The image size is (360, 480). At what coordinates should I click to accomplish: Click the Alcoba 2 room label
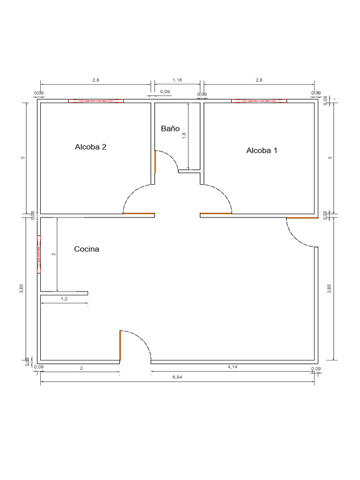[90, 147]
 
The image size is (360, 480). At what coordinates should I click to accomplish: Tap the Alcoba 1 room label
[262, 150]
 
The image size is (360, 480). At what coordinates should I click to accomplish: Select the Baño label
[170, 128]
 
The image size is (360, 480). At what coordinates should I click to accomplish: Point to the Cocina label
[87, 249]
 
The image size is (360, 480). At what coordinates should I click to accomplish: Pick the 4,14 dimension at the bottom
[232, 367]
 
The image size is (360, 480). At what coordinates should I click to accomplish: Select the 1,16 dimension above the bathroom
[177, 80]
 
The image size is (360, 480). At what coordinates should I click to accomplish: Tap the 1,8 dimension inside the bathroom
[184, 135]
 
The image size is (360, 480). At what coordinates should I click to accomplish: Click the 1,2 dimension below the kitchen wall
[64, 298]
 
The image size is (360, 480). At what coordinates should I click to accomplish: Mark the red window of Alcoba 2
[96, 101]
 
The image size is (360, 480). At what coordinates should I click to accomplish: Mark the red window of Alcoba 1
[259, 101]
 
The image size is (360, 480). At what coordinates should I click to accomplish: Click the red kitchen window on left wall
[39, 254]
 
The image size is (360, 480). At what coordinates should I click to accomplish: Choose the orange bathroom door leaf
[155, 161]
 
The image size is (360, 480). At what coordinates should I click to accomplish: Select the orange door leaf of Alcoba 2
[139, 214]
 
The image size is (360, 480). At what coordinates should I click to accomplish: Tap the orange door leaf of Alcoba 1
[216, 214]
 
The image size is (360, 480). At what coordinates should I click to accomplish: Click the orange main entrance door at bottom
[120, 345]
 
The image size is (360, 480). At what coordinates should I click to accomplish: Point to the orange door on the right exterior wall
[302, 218]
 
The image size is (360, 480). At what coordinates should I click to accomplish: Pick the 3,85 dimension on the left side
[21, 289]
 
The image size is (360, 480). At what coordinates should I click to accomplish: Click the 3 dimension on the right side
[330, 157]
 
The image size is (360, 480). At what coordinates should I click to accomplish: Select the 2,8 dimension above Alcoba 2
[96, 80]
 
